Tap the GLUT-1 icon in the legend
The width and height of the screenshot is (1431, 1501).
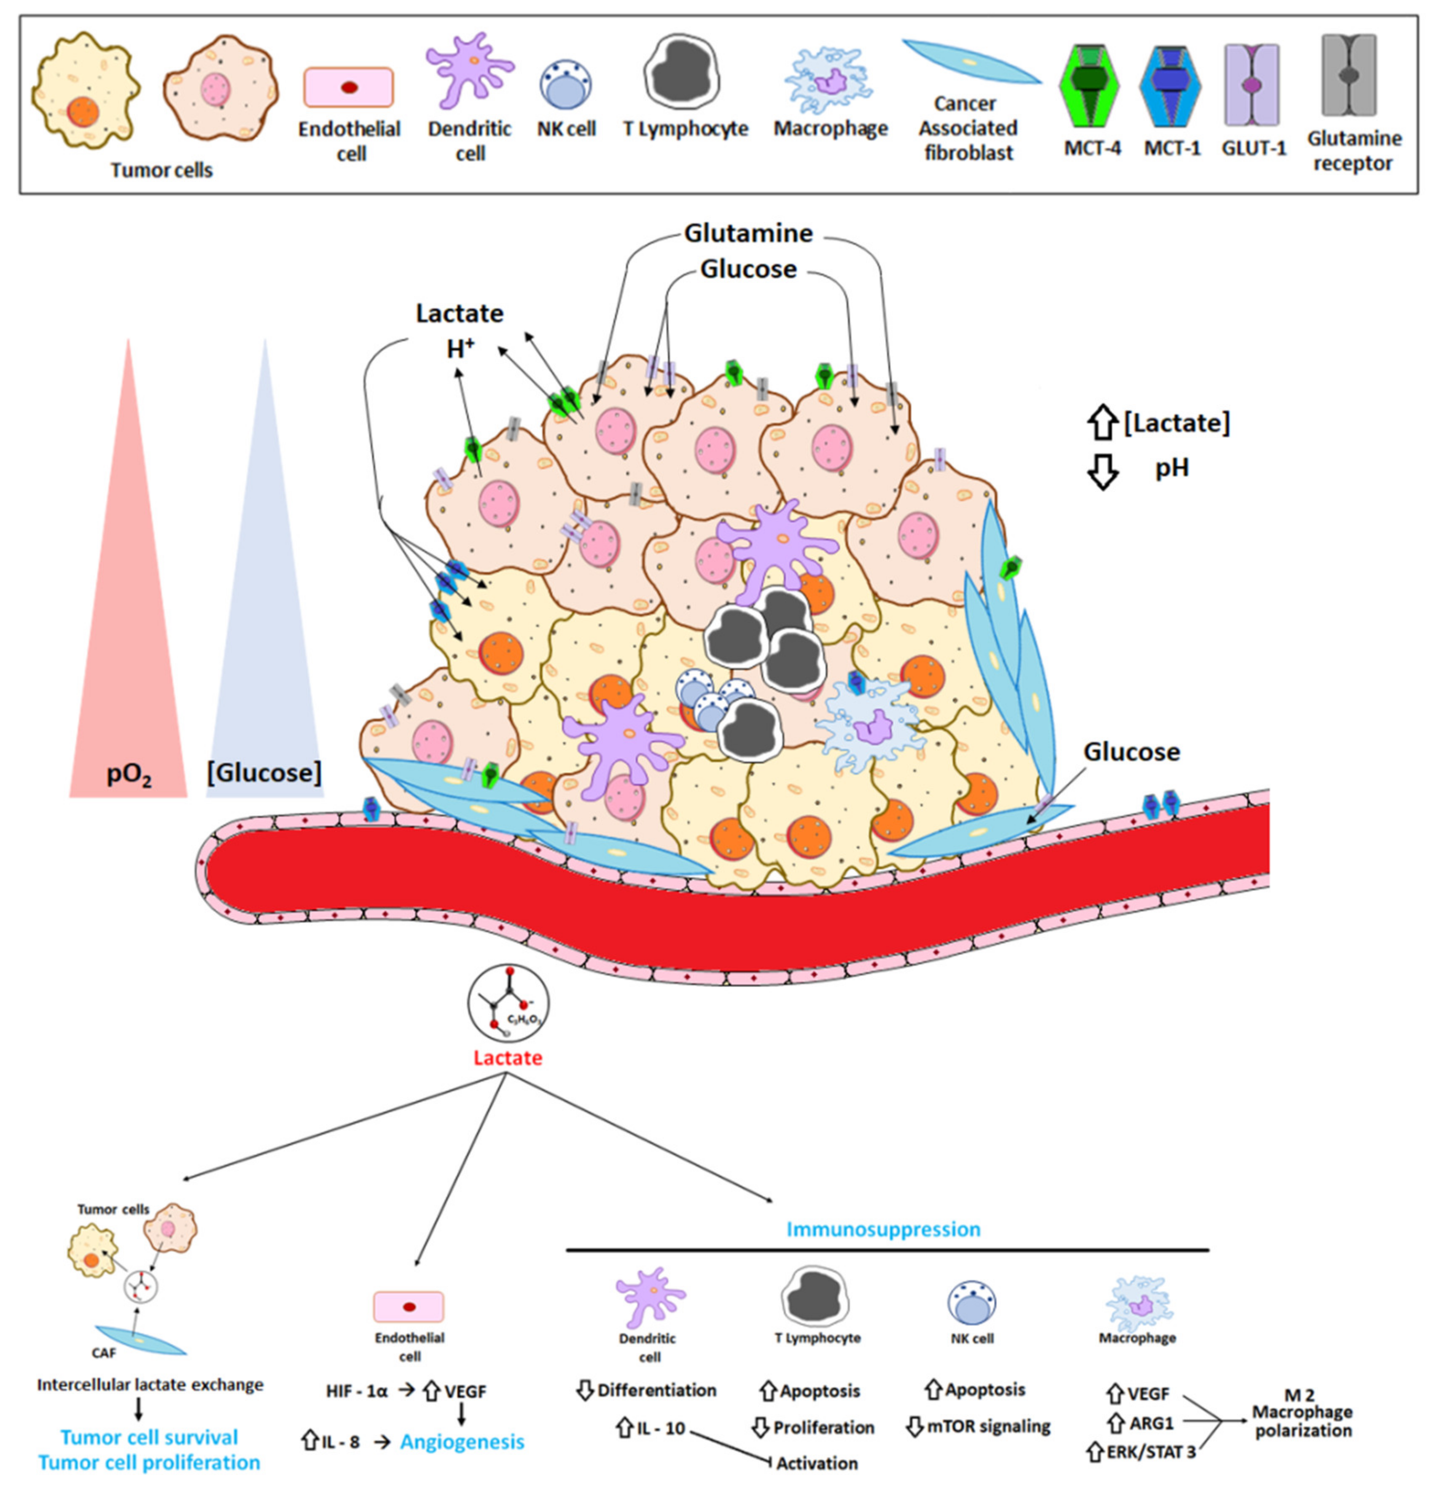pyautogui.click(x=1252, y=85)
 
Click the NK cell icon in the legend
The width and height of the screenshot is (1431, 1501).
pyautogui.click(x=566, y=86)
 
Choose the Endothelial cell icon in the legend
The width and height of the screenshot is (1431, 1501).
pyautogui.click(x=349, y=87)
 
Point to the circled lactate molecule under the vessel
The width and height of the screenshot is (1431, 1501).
pyautogui.click(x=508, y=1004)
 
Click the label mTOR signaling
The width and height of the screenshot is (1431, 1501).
pyautogui.click(x=989, y=1426)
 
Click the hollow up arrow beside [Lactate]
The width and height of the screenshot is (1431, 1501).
pyautogui.click(x=1101, y=422)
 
